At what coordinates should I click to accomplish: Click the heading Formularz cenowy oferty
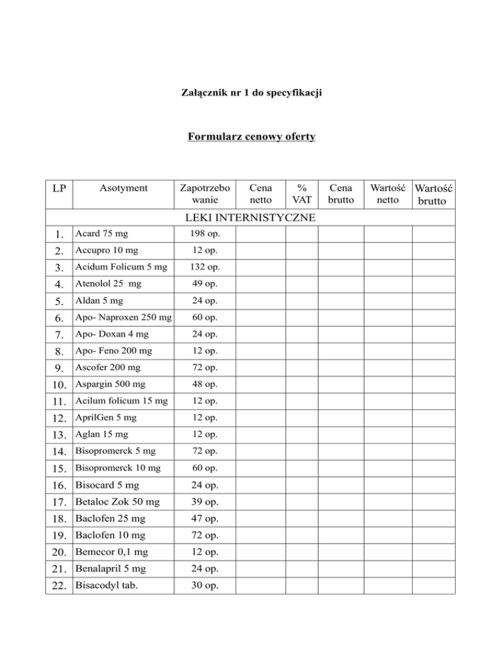(251, 137)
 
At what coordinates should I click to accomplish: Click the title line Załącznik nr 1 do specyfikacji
(251, 94)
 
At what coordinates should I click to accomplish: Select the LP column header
(58, 189)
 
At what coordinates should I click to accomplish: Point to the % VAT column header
(301, 193)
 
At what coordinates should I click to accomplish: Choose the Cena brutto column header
(340, 193)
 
